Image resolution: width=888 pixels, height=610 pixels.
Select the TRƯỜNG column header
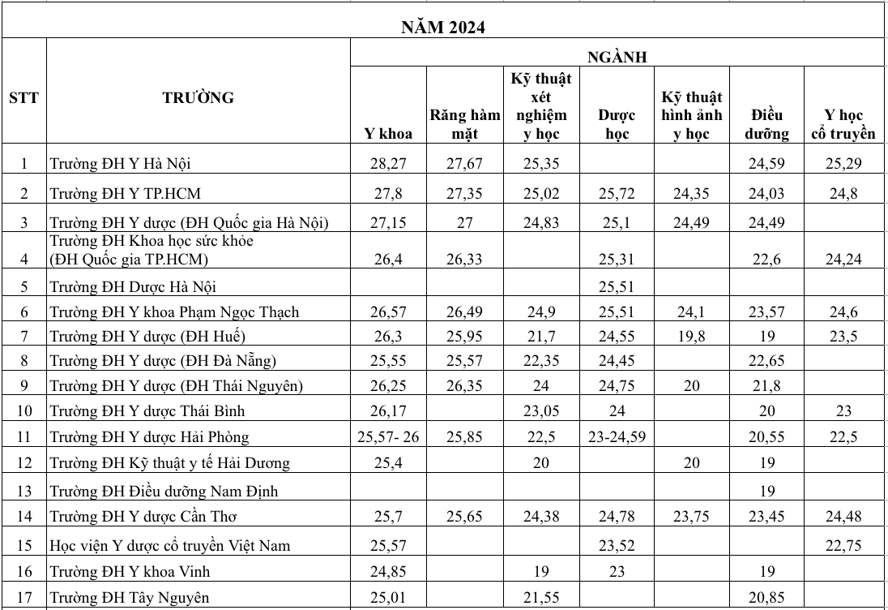(198, 98)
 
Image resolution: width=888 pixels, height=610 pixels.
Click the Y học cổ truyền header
(843, 124)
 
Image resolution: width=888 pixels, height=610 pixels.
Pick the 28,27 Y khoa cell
(388, 164)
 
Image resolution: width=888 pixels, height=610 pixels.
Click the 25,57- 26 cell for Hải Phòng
(388, 437)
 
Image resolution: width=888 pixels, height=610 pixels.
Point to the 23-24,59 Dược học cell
(617, 437)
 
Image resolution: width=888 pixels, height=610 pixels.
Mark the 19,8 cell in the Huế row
(691, 336)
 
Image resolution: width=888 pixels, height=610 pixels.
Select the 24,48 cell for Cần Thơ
(843, 516)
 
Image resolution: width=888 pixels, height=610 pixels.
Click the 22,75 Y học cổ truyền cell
(843, 545)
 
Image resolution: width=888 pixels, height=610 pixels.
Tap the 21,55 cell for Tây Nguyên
(542, 598)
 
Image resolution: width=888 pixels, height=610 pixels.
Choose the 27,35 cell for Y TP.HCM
(464, 194)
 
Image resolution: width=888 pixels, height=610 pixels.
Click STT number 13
(23, 491)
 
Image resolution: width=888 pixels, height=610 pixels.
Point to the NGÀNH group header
(617, 56)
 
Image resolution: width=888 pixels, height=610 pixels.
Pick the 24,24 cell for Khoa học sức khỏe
(843, 260)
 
